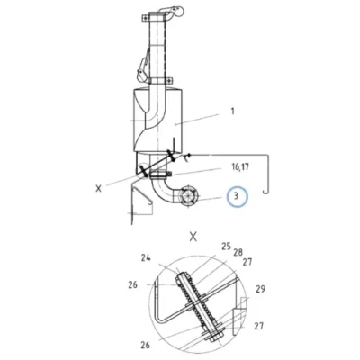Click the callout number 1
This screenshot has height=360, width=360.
coord(232,112)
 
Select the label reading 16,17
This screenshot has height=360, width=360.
coord(240,167)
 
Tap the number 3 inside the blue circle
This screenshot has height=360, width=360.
coord(236,197)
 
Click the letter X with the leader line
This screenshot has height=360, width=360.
coord(98,189)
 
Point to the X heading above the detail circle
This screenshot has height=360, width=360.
coord(193,238)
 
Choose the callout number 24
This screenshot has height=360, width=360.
coord(146,257)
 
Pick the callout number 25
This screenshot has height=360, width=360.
coord(227,247)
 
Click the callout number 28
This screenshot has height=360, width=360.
coord(238,252)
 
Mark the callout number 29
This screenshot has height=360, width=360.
coord(260,289)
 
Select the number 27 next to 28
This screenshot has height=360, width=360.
coord(247,262)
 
